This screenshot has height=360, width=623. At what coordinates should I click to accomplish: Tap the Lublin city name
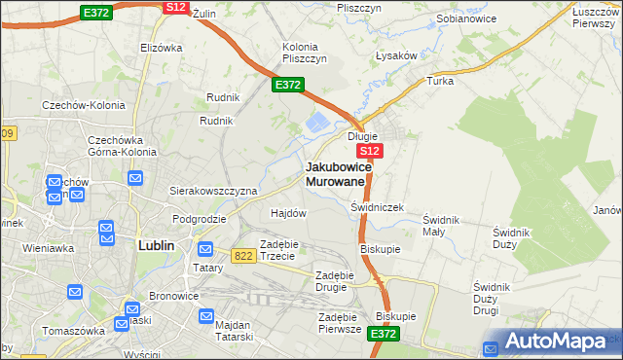(156, 245)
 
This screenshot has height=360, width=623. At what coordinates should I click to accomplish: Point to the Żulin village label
(202, 14)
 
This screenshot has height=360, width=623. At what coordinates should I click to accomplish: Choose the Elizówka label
(162, 48)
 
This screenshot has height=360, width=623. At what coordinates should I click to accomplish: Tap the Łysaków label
(396, 55)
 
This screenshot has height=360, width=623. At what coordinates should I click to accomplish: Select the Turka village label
(441, 81)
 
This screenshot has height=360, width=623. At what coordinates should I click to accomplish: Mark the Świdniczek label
(377, 207)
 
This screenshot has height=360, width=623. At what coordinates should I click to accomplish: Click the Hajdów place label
(288, 212)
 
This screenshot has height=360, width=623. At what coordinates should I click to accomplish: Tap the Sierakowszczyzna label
(213, 191)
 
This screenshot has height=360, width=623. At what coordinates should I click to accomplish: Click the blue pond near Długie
(318, 124)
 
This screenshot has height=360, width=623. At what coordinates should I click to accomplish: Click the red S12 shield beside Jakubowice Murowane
(370, 152)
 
